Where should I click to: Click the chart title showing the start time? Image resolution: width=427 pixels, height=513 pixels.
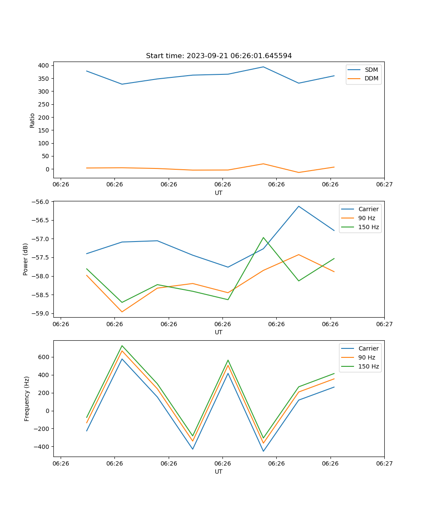pyautogui.click(x=219, y=56)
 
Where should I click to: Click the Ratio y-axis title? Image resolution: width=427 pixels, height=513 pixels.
pyautogui.click(x=32, y=120)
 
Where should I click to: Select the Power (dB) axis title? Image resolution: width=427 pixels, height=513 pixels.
pyautogui.click(x=26, y=259)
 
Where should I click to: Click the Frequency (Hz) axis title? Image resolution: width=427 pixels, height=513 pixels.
pyautogui.click(x=26, y=398)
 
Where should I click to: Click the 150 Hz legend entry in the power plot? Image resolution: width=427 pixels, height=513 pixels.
pyautogui.click(x=368, y=227)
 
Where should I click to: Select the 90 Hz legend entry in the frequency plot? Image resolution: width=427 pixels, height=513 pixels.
pyautogui.click(x=366, y=357)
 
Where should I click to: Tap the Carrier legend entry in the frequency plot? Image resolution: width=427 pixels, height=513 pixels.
pyautogui.click(x=368, y=348)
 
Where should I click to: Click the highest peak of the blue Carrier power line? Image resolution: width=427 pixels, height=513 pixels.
pyautogui.click(x=299, y=206)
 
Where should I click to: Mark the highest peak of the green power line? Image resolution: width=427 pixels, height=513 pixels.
pyautogui.click(x=263, y=237)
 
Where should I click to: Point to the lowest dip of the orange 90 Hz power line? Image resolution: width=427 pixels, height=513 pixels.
pyautogui.click(x=122, y=312)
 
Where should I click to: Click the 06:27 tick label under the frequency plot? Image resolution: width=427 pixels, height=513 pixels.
pyautogui.click(x=384, y=463)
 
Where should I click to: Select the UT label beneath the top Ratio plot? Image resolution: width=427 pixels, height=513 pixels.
pyautogui.click(x=219, y=193)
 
